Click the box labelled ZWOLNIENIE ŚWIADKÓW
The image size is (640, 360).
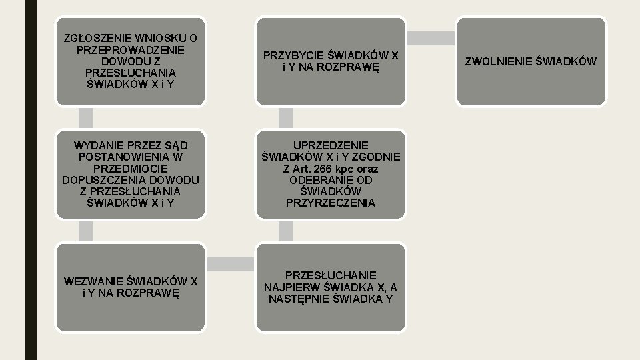click(531, 61)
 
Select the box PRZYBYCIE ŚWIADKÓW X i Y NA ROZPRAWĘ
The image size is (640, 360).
click(331, 61)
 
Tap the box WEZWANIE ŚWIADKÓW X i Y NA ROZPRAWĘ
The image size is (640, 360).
click(131, 287)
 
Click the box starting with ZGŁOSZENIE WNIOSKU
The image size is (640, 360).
click(131, 61)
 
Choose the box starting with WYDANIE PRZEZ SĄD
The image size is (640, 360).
click(131, 173)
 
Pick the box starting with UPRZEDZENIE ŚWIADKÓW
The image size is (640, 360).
click(331, 173)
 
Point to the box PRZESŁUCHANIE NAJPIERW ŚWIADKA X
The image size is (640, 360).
click(331, 287)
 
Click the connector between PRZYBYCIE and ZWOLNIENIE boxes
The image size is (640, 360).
click(431, 38)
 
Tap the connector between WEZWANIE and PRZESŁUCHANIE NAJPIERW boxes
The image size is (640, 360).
click(231, 264)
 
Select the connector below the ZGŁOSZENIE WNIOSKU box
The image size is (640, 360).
click(85, 118)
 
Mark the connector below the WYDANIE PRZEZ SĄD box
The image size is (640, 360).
click(85, 231)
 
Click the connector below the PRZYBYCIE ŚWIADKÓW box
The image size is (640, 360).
click(285, 118)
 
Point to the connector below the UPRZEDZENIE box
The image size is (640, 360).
click(285, 231)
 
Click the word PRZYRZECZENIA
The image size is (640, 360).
click(331, 203)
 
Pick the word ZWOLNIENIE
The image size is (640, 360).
click(496, 61)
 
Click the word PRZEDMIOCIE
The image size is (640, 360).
click(131, 168)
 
